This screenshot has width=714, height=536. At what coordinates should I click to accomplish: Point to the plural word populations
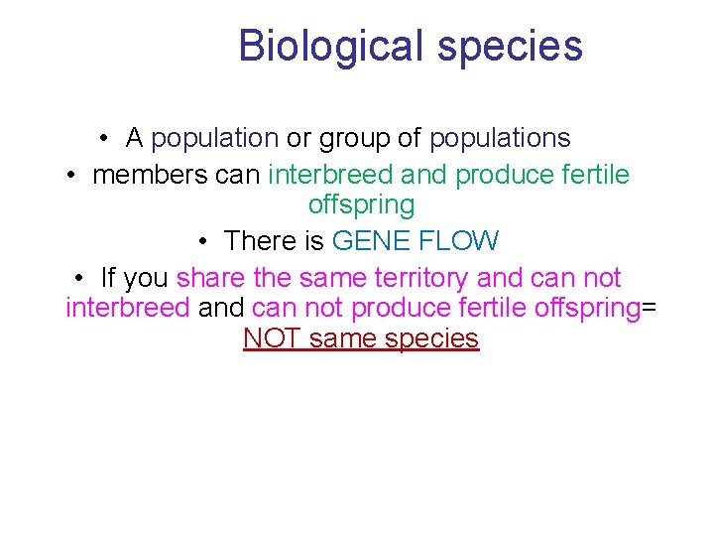(500, 138)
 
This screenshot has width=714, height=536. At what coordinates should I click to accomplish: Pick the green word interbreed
(331, 175)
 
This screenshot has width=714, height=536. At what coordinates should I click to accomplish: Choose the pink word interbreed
(127, 307)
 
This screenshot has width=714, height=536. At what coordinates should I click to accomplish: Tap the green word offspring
(361, 205)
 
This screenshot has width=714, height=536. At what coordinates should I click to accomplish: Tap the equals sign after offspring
(650, 308)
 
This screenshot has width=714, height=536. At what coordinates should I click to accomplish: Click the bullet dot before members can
(72, 176)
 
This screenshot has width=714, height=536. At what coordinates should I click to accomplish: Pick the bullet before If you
(79, 278)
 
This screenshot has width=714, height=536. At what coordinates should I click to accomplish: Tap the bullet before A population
(104, 139)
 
